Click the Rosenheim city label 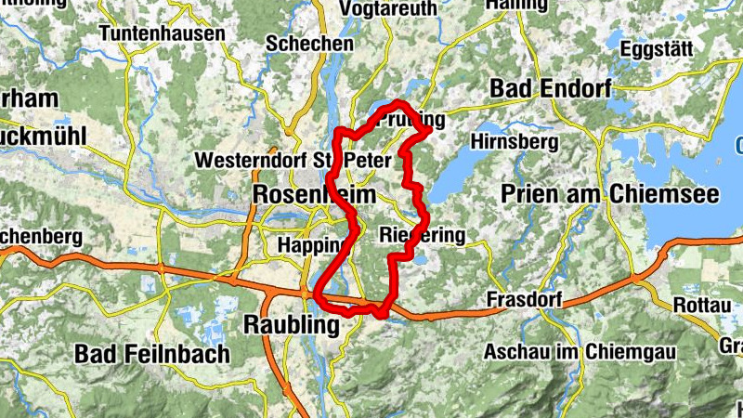(x=315, y=195)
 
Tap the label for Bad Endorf (x=549, y=89)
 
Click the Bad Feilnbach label (x=148, y=354)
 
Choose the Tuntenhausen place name (x=163, y=33)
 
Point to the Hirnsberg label (x=515, y=142)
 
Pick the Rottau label (x=708, y=303)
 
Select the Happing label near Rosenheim (x=312, y=244)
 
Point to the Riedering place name (x=423, y=237)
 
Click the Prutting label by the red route (x=414, y=121)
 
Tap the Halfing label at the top (x=515, y=6)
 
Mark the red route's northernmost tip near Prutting (x=398, y=101)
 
